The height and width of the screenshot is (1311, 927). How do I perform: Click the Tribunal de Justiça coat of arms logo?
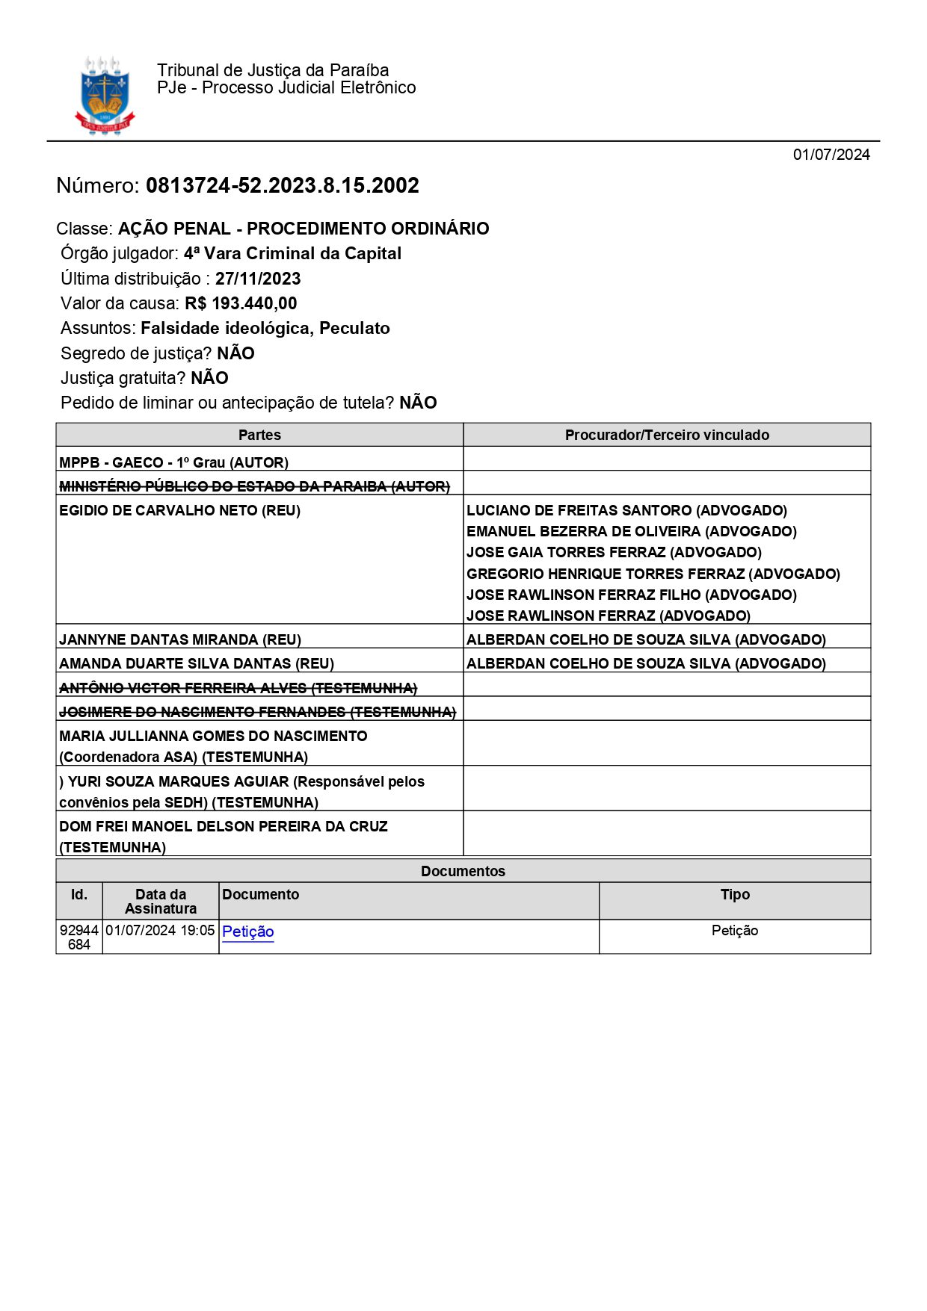click(x=105, y=96)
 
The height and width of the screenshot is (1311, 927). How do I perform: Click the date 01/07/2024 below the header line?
click(x=831, y=155)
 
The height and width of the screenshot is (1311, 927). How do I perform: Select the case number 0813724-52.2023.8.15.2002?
click(x=282, y=185)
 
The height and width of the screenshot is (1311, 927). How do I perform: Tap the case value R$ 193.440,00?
click(x=241, y=303)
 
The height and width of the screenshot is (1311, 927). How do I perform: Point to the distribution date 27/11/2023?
click(x=258, y=279)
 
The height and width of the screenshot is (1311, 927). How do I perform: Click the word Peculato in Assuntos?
click(x=354, y=328)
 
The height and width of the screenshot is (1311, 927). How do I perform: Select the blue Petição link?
click(x=248, y=932)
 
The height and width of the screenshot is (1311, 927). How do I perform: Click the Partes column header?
click(x=259, y=435)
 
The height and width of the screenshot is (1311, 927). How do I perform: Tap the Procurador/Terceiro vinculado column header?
click(x=667, y=435)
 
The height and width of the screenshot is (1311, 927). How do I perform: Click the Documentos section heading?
click(x=463, y=871)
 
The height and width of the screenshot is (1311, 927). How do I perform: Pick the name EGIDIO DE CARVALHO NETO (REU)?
click(x=179, y=511)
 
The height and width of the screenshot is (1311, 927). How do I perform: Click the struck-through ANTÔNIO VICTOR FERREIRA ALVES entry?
click(x=238, y=688)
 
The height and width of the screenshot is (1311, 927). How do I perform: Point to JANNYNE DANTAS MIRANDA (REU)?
click(x=180, y=639)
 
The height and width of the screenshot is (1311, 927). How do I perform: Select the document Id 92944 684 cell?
click(x=79, y=937)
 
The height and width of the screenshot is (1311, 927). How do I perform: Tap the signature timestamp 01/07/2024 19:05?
click(x=160, y=931)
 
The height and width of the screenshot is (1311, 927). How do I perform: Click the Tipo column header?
click(x=735, y=895)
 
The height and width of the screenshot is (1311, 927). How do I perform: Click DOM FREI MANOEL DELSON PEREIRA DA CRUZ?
click(x=223, y=827)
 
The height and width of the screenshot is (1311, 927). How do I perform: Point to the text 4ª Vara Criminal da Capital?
click(x=292, y=253)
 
